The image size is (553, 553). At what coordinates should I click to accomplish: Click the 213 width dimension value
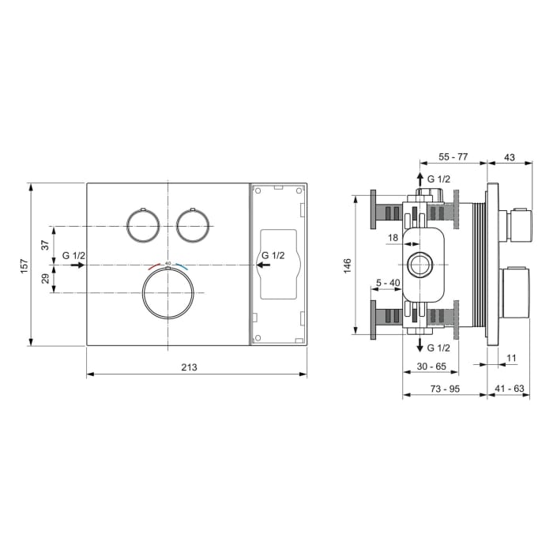coord(188,367)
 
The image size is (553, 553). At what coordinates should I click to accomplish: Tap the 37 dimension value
coord(44,246)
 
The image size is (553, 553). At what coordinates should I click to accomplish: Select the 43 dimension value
coord(509,158)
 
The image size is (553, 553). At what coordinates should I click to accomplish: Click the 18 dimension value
coord(393,238)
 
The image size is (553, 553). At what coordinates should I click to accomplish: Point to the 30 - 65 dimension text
coord(431,367)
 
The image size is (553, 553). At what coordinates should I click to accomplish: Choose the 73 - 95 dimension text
coord(445,389)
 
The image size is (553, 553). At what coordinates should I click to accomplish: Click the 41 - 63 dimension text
coord(509,389)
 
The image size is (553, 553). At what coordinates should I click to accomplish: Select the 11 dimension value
coord(511,358)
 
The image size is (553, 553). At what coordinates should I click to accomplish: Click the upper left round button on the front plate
coord(142,224)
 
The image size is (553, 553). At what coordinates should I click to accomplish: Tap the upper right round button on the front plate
coord(192,224)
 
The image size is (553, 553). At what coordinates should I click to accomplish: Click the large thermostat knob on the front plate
coord(167,292)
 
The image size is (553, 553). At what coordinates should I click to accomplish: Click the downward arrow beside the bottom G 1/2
coord(419,344)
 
